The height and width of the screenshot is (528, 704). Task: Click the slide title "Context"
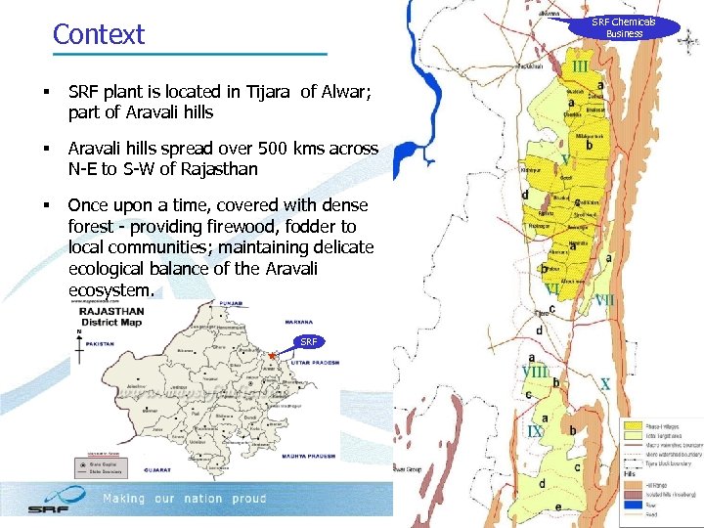(x=98, y=34)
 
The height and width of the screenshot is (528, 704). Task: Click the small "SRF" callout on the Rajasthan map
(x=308, y=341)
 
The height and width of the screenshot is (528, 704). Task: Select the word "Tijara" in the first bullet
(x=263, y=92)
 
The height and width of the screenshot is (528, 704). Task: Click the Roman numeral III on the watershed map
(x=581, y=66)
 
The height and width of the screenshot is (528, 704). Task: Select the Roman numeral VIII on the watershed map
(x=535, y=372)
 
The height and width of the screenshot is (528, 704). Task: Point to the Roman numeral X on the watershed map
(x=605, y=384)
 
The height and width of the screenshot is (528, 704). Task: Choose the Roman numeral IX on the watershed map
(x=535, y=431)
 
